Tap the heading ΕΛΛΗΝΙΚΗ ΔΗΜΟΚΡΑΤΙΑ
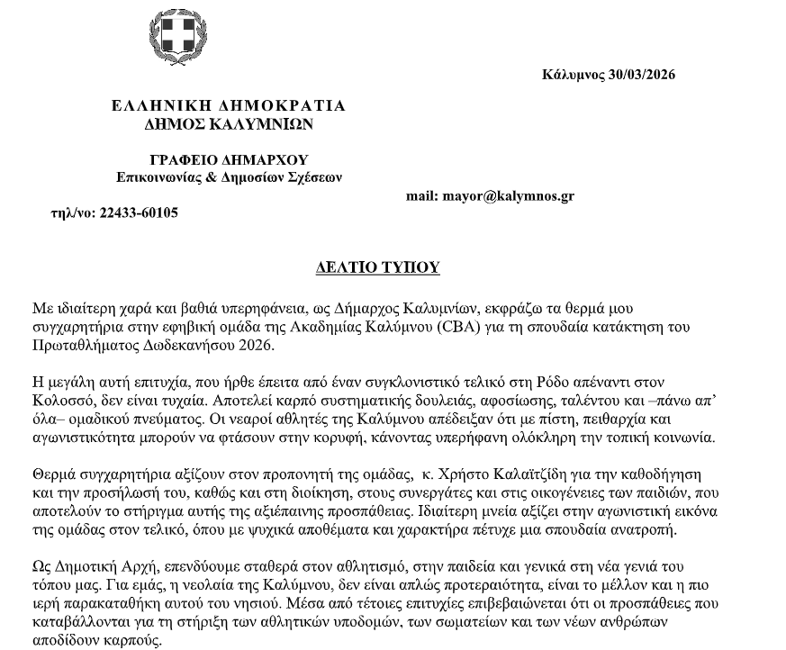[229, 106]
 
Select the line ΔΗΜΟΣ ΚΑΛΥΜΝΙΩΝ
[229, 123]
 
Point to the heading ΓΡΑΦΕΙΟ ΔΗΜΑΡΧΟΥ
[229, 160]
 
